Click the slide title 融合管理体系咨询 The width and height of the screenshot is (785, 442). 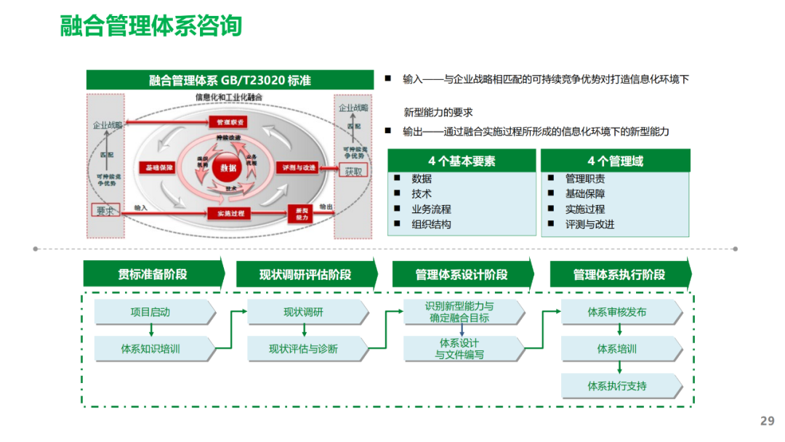point(150,25)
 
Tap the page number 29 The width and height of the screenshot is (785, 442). point(767,421)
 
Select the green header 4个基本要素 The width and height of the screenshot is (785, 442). point(462,161)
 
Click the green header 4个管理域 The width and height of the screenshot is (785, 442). point(615,161)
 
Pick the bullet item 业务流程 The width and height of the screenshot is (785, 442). point(431,209)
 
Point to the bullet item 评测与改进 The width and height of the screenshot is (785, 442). point(589,225)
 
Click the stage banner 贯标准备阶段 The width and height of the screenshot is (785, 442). point(153,274)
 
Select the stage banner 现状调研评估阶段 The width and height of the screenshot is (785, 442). point(305,275)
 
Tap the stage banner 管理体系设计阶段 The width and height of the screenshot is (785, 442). point(462,275)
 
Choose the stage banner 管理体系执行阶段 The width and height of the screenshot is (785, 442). point(619,275)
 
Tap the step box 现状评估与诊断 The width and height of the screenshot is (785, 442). point(305,349)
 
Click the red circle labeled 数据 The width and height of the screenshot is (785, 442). point(228,168)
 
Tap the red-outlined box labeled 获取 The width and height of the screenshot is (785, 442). point(353,172)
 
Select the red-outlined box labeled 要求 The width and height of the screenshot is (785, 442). point(105,210)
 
